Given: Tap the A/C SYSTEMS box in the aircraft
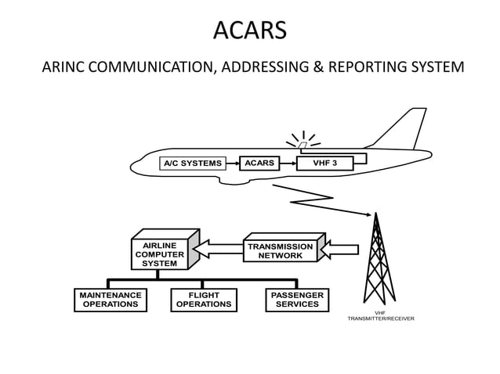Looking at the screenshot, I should pos(192,164).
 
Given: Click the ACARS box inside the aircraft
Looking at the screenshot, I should pos(259,163).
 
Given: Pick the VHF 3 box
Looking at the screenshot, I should pos(324,163).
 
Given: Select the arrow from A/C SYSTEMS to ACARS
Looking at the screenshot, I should pos(230,164).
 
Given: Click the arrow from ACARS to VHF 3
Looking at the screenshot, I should pos(288,164).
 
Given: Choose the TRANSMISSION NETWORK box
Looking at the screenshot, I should pos(281,250).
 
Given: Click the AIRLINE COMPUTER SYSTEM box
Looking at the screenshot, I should pos(160,254).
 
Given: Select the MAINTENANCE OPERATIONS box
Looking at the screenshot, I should pos(111,300).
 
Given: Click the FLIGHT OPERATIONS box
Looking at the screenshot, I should pos(203,300).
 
